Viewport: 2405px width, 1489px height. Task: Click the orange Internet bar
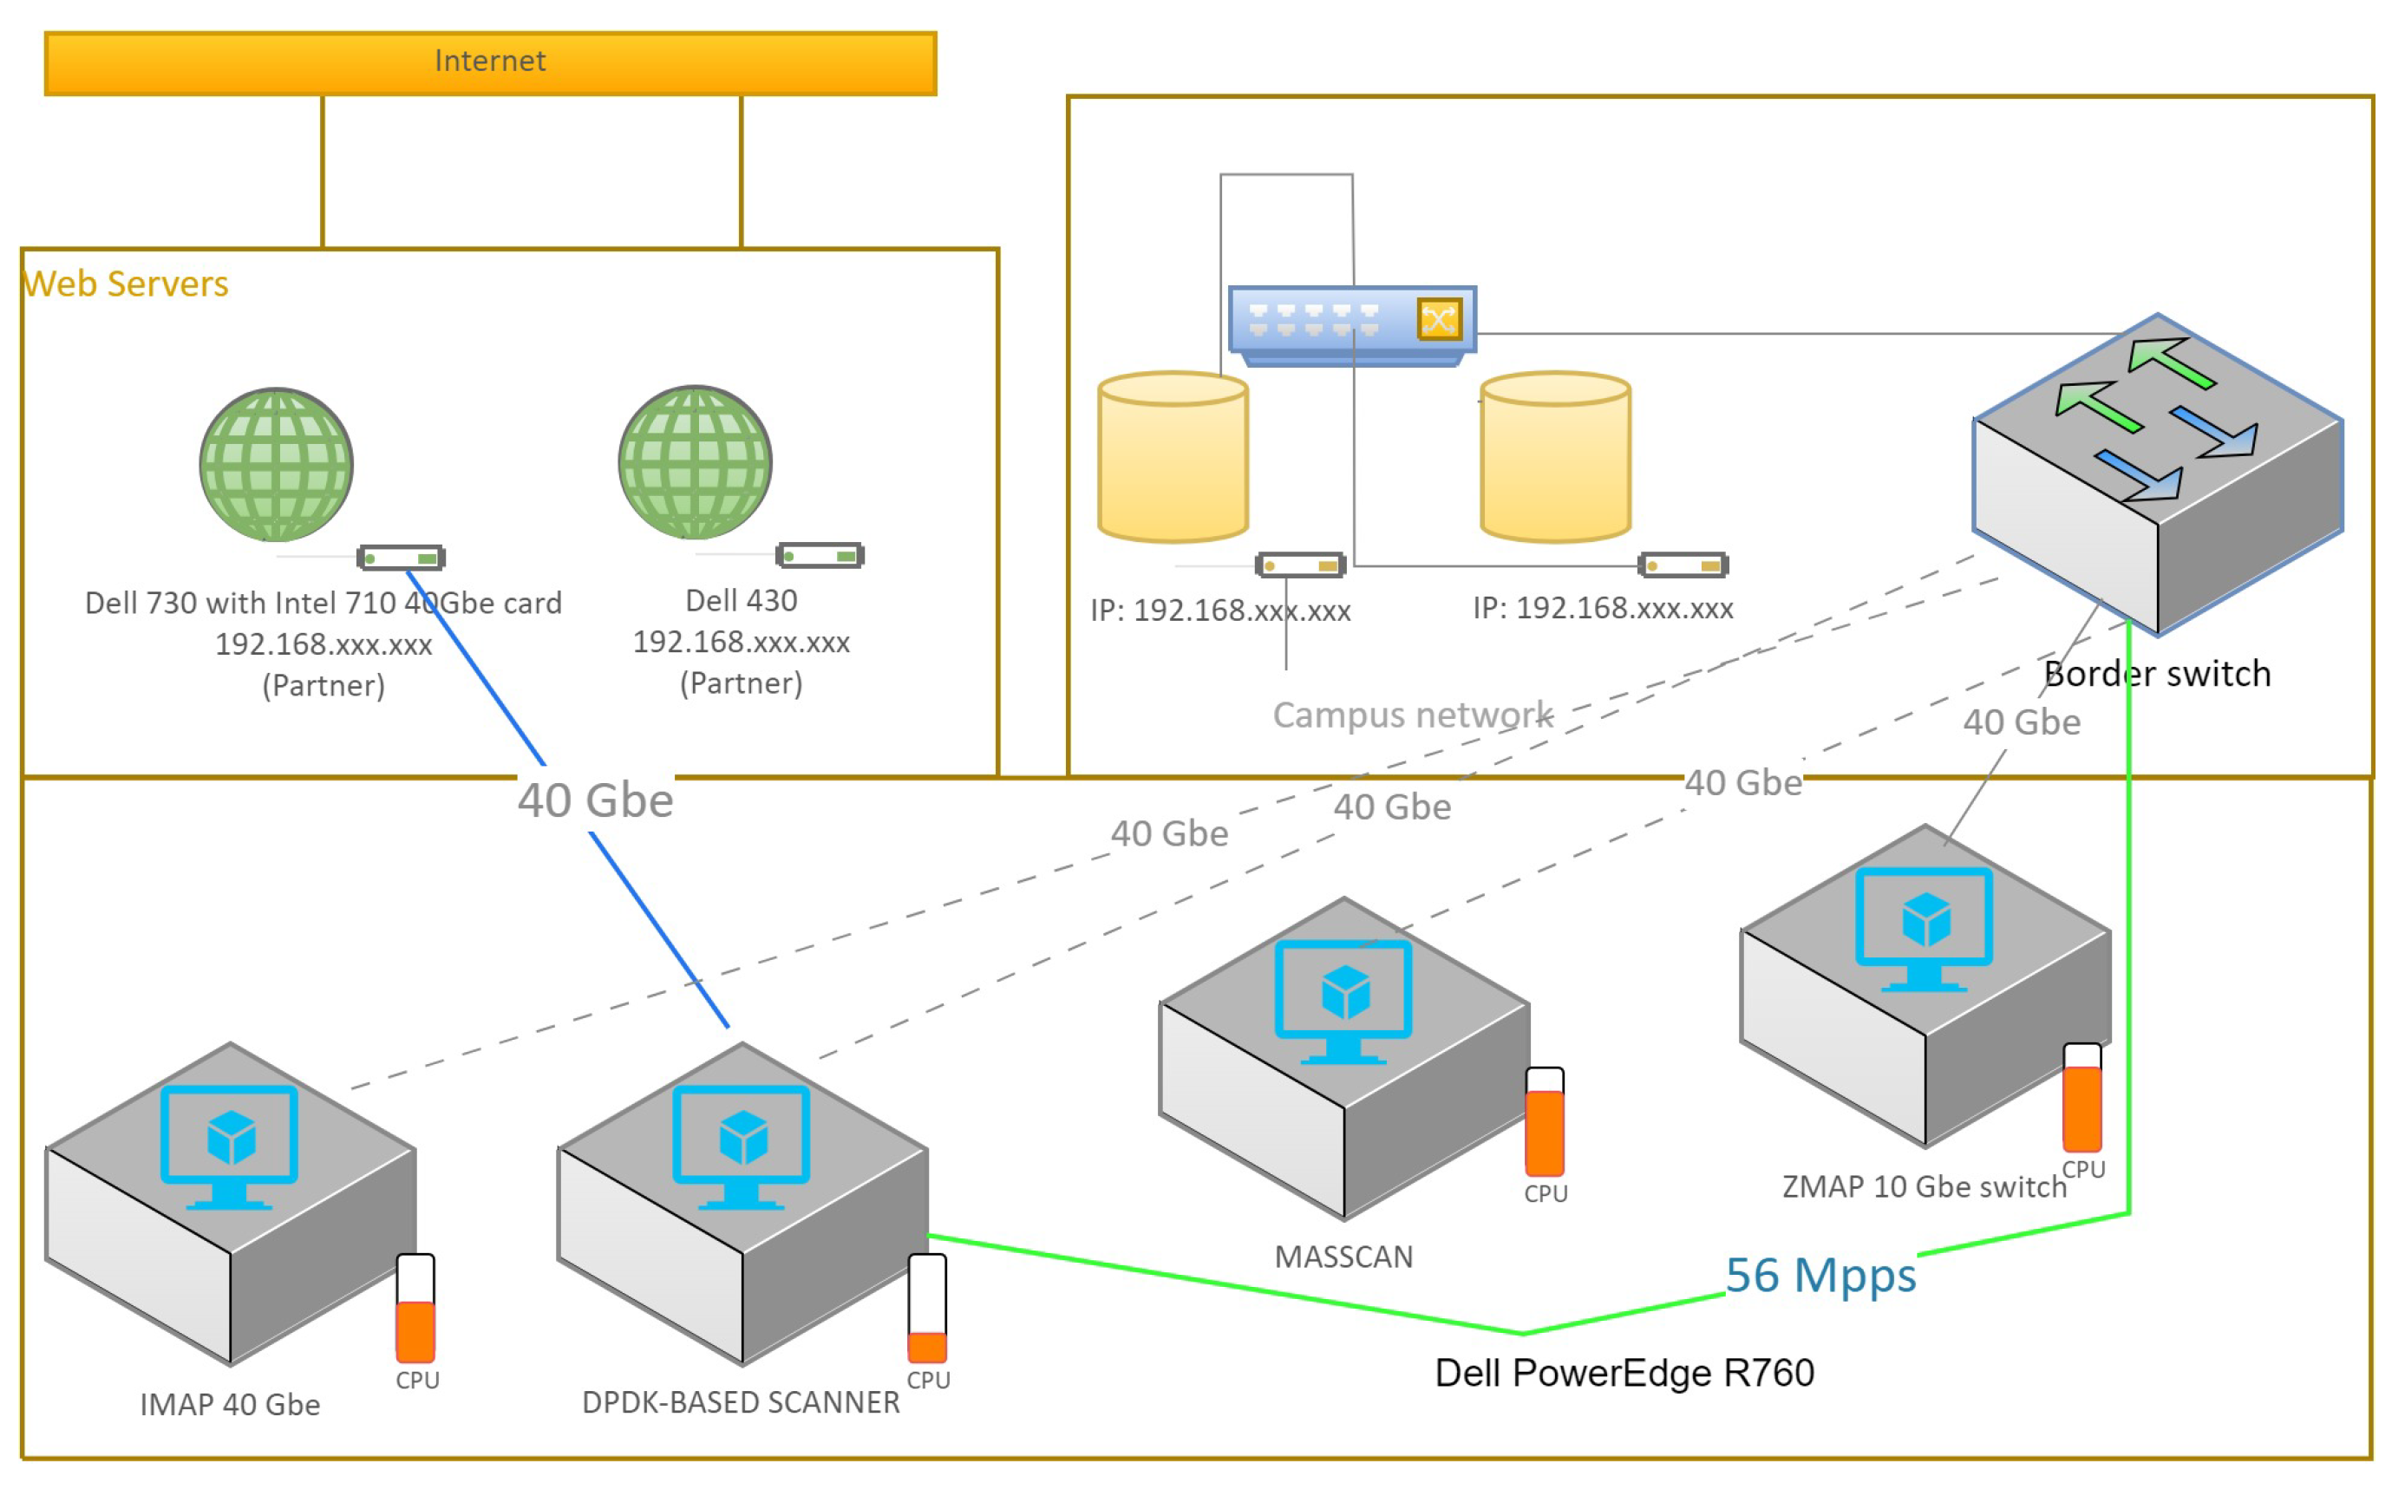(489, 63)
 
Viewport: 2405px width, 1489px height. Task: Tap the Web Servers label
(126, 284)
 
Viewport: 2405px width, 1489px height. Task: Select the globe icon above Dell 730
(276, 464)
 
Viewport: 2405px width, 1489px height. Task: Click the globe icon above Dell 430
(695, 462)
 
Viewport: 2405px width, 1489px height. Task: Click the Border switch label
(2156, 674)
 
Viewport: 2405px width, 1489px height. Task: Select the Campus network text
(1411, 714)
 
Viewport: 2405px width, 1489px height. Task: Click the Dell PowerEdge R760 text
(1623, 1372)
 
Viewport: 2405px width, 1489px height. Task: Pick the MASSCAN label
(1343, 1257)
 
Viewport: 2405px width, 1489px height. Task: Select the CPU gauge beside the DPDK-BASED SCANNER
(927, 1308)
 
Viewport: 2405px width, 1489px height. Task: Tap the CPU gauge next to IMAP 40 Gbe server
(415, 1308)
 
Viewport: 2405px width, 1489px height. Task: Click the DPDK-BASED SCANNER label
(741, 1401)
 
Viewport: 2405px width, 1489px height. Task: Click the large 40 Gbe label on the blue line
(595, 800)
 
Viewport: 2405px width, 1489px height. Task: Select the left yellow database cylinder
(1172, 457)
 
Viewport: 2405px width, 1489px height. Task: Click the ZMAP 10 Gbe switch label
(1924, 1186)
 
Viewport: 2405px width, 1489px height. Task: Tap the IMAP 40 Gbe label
(230, 1403)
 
